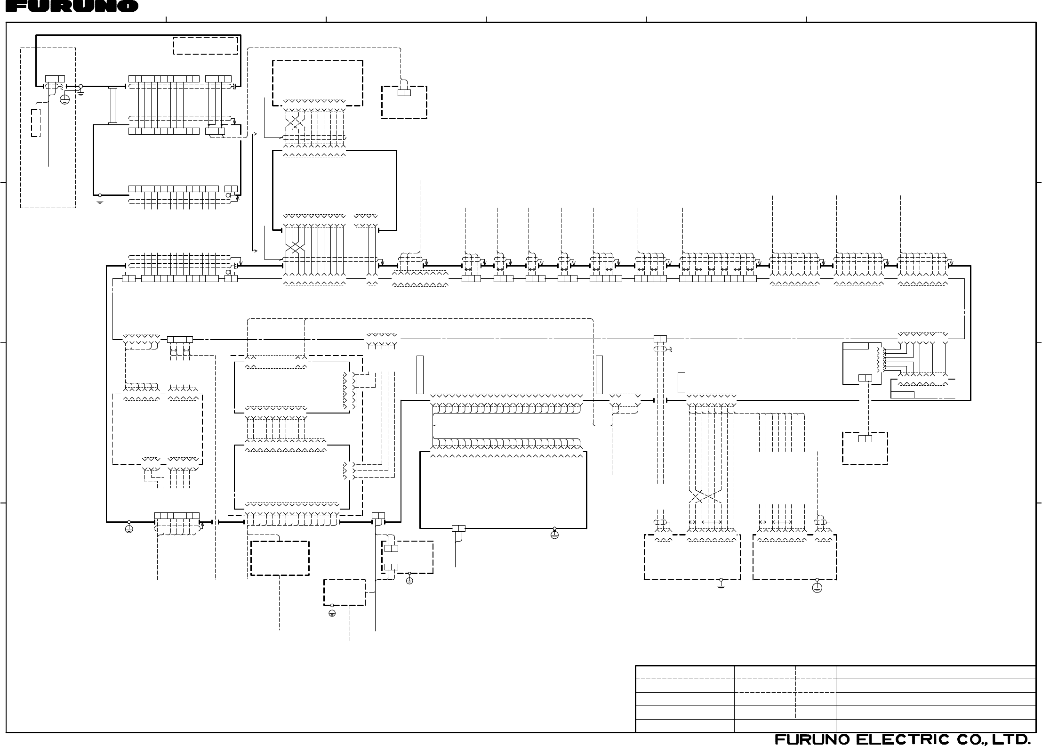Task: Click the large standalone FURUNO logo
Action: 69,6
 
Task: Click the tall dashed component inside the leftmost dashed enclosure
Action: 36,123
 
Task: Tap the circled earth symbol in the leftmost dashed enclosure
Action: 65,99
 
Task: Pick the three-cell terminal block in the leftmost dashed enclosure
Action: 55,79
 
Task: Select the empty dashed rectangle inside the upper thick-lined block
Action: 206,46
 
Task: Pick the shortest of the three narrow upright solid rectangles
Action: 681,382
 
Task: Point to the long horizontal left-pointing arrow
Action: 478,425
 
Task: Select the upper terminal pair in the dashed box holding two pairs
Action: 391,548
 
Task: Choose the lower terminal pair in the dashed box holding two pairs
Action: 391,567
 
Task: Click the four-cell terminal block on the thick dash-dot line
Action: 180,340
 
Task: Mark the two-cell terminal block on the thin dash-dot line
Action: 660,339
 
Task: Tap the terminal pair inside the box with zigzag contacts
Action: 865,378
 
